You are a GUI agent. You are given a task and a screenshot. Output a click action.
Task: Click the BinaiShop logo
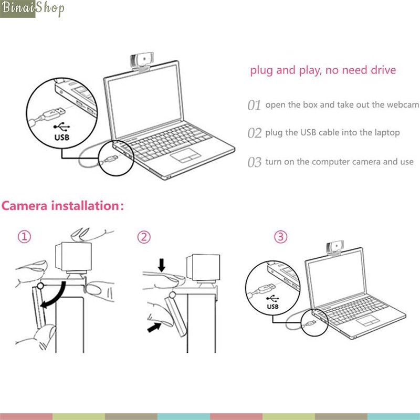32,8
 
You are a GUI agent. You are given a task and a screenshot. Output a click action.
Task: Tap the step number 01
254,106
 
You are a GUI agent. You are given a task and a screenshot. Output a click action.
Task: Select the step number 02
255,133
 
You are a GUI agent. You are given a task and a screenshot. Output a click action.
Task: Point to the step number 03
255,162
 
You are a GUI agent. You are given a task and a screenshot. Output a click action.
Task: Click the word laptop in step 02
387,133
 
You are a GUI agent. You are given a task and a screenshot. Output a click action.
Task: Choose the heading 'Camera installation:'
62,206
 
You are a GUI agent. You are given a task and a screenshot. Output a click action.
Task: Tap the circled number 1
24,237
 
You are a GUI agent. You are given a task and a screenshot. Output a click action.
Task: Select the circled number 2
144,237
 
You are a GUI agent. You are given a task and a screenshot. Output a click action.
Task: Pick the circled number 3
281,237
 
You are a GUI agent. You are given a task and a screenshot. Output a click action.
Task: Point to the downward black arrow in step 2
162,265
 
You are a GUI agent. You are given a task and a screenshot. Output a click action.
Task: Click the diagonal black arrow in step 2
154,327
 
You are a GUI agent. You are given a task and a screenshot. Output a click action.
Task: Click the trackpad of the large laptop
186,155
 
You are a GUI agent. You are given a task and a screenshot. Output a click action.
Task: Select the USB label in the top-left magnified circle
62,138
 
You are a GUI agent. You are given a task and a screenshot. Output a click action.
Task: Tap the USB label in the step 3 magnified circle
272,307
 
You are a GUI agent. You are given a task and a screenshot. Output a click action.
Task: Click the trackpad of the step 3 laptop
367,320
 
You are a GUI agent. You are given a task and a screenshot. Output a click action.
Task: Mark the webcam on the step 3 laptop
335,248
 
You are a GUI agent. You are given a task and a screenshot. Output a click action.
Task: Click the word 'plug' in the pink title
261,70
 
